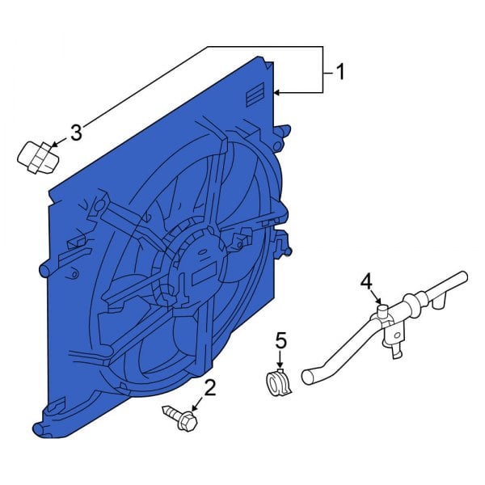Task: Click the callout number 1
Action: [340, 73]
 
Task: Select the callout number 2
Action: [210, 390]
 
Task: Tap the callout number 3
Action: [75, 133]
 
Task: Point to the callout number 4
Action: [366, 281]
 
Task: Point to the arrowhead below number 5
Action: [281, 368]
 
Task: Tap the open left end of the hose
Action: [307, 376]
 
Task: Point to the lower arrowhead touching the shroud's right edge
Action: [277, 94]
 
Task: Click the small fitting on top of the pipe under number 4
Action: [379, 311]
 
